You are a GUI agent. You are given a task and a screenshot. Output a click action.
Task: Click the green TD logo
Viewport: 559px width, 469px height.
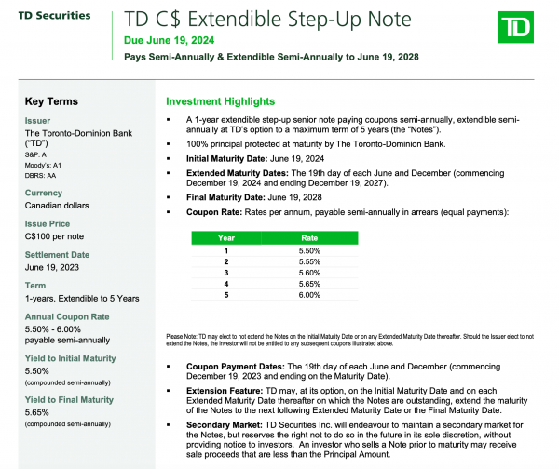tap(519, 32)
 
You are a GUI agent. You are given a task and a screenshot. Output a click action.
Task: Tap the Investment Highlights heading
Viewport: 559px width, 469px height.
tap(220, 101)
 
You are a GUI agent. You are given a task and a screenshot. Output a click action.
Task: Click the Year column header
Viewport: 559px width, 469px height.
tap(226, 238)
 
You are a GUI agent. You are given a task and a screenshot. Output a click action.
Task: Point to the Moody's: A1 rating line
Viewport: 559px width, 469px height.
tap(43, 165)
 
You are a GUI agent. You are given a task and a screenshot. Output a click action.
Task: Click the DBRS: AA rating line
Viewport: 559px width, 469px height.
tap(40, 175)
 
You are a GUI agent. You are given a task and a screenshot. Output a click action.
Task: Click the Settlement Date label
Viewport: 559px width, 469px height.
tap(57, 255)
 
